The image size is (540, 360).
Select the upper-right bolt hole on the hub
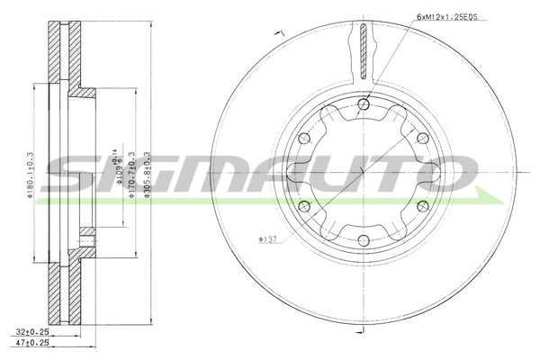tap(420, 139)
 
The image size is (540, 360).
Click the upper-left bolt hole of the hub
tap(304, 139)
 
